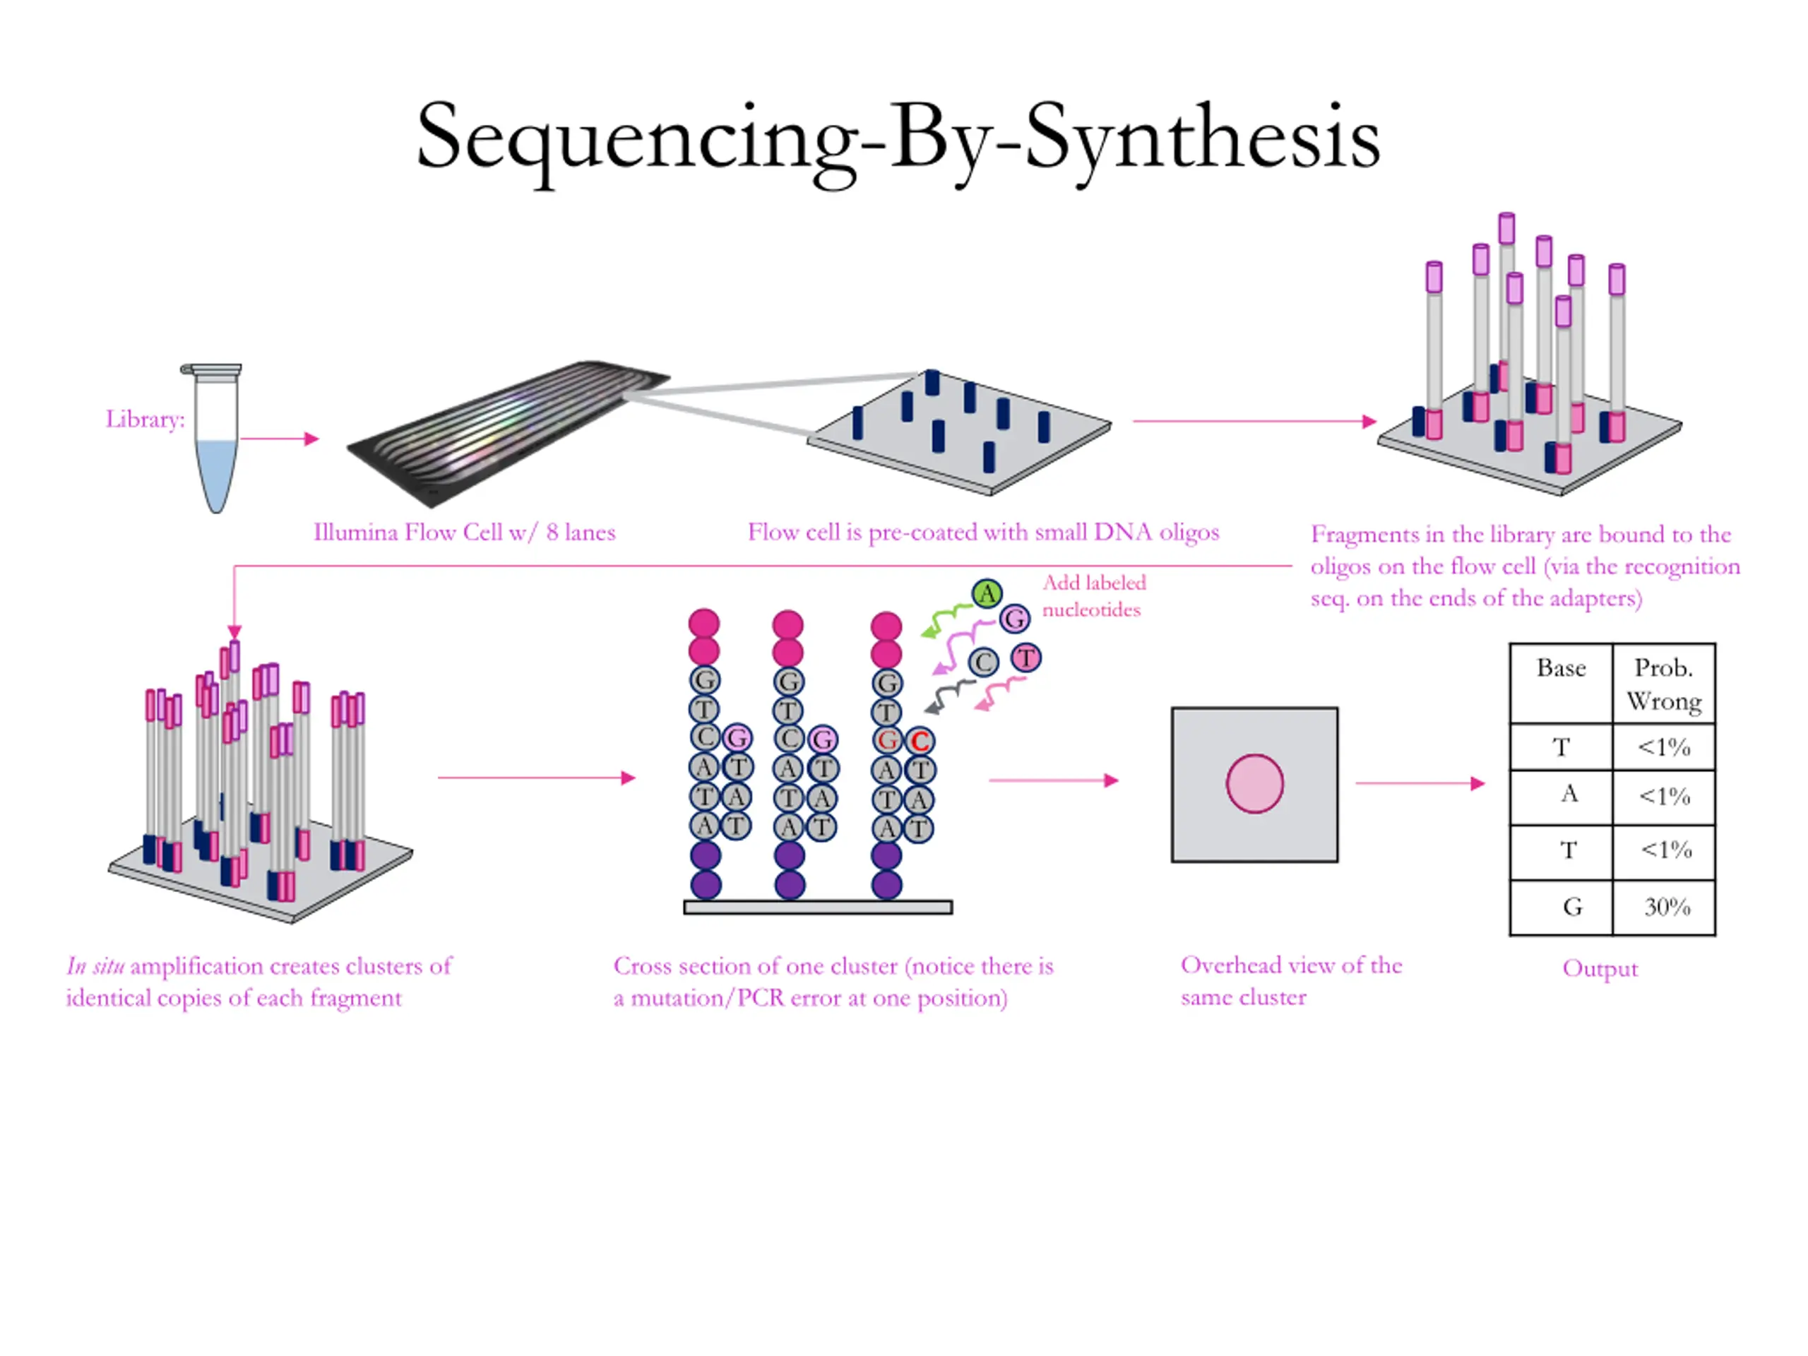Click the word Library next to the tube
(144, 420)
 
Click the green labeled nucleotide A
(987, 593)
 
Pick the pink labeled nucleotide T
(1025, 658)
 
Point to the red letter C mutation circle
(920, 742)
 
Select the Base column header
(1560, 669)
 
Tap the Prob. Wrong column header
(1663, 684)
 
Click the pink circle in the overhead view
(1254, 784)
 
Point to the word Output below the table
(1600, 968)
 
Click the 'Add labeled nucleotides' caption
(1093, 596)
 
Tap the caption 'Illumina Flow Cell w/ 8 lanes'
(464, 533)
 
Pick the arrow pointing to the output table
(1420, 783)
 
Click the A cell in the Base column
(1569, 795)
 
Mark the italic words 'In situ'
(95, 967)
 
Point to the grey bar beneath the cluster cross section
(817, 908)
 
